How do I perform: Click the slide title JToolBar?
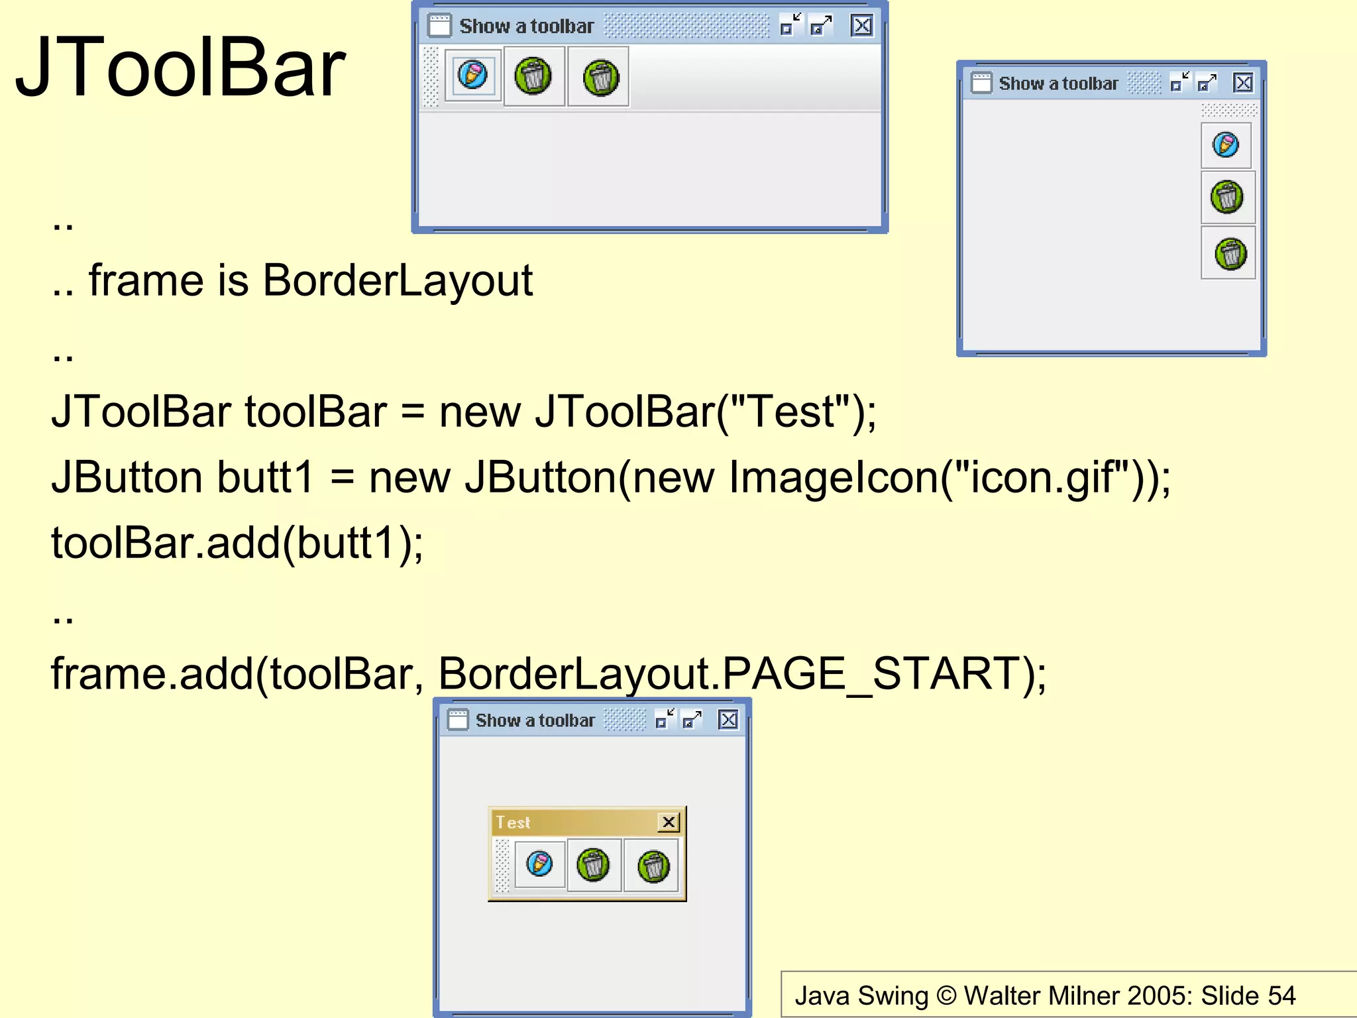point(180,68)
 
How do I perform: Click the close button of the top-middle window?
point(861,26)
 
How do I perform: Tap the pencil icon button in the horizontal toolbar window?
point(472,75)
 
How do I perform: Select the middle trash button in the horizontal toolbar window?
point(533,76)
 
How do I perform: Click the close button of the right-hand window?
point(1243,83)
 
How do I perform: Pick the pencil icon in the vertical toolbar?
point(1225,144)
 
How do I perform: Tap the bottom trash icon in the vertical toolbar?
point(1230,254)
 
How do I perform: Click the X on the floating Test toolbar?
point(669,822)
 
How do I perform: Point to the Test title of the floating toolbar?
point(514,822)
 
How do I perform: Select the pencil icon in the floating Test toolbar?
point(539,864)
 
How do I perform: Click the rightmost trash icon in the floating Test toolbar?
point(653,866)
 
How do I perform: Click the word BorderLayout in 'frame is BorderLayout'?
point(398,280)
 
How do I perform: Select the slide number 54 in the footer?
point(1281,995)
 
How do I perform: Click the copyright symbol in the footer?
point(946,995)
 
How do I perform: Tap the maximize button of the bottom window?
point(692,720)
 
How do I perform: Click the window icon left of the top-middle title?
point(439,26)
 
